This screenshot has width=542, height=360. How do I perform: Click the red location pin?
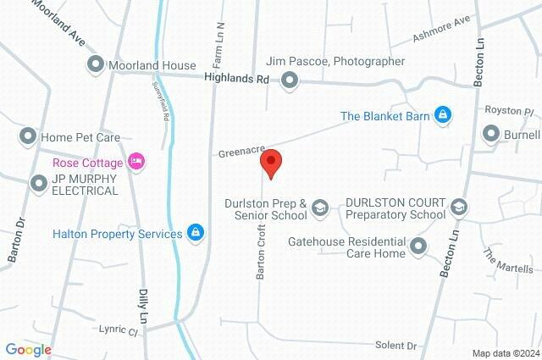point(271,163)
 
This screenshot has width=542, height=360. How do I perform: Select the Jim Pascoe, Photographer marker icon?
point(290,81)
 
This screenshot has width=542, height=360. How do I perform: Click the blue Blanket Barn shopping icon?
point(442,115)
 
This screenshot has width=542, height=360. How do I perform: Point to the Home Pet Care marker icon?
point(28,136)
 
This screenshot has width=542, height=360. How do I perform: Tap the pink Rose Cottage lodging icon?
point(135,161)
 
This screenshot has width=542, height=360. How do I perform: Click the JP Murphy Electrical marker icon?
point(37,183)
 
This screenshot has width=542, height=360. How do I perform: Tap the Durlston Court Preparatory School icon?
point(458,208)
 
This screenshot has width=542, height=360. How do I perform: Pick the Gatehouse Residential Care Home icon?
point(418,246)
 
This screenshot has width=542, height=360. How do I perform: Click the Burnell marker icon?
point(490,134)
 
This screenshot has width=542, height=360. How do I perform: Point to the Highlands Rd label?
point(236,77)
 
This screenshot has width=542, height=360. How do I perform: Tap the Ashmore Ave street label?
point(441,31)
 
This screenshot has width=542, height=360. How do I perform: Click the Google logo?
point(28,350)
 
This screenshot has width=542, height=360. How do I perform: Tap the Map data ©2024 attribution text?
point(505,353)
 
